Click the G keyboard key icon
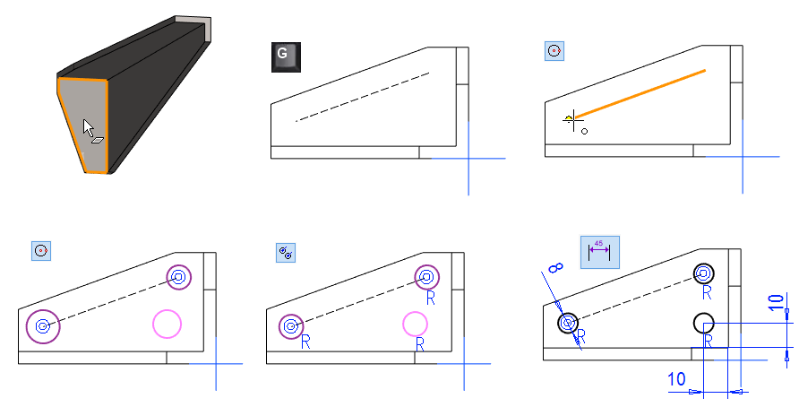click(x=286, y=56)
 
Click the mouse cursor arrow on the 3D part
click(x=88, y=127)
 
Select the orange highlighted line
click(x=640, y=94)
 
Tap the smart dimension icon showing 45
click(x=600, y=252)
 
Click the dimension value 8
click(x=556, y=268)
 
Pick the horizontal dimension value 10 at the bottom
click(x=676, y=379)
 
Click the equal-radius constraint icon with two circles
click(x=286, y=253)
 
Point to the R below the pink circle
click(x=420, y=345)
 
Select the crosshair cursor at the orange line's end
click(x=573, y=120)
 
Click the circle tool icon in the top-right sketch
click(x=554, y=51)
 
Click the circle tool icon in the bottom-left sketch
click(x=41, y=251)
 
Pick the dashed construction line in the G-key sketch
click(x=362, y=97)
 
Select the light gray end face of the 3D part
click(x=193, y=23)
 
